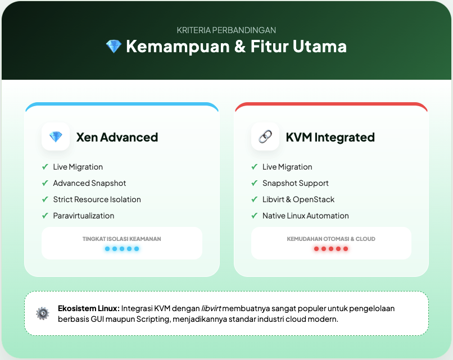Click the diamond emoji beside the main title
(114, 47)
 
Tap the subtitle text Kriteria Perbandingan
(226, 30)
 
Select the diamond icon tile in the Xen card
(56, 136)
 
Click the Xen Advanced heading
(117, 137)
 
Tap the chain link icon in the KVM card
(265, 136)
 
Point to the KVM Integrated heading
(330, 137)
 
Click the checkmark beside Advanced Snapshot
(45, 183)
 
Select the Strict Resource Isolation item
(97, 199)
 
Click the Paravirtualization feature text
(84, 216)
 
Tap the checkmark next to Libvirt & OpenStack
(255, 199)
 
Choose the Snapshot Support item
(296, 183)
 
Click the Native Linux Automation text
(306, 216)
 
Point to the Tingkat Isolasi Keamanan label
(122, 239)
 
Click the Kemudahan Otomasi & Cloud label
(331, 239)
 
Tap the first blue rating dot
(107, 249)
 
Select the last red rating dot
(346, 249)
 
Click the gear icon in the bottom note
(42, 313)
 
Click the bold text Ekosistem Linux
(89, 308)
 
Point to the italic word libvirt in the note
(211, 308)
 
